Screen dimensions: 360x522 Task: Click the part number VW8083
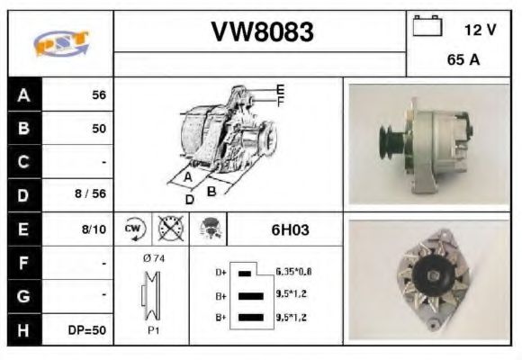[262, 32]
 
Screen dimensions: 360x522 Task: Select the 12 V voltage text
[480, 30]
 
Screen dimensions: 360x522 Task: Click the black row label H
[23, 330]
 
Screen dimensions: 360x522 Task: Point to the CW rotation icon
[134, 229]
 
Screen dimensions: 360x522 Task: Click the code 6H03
[290, 229]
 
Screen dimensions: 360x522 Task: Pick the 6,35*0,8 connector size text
[293, 271]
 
